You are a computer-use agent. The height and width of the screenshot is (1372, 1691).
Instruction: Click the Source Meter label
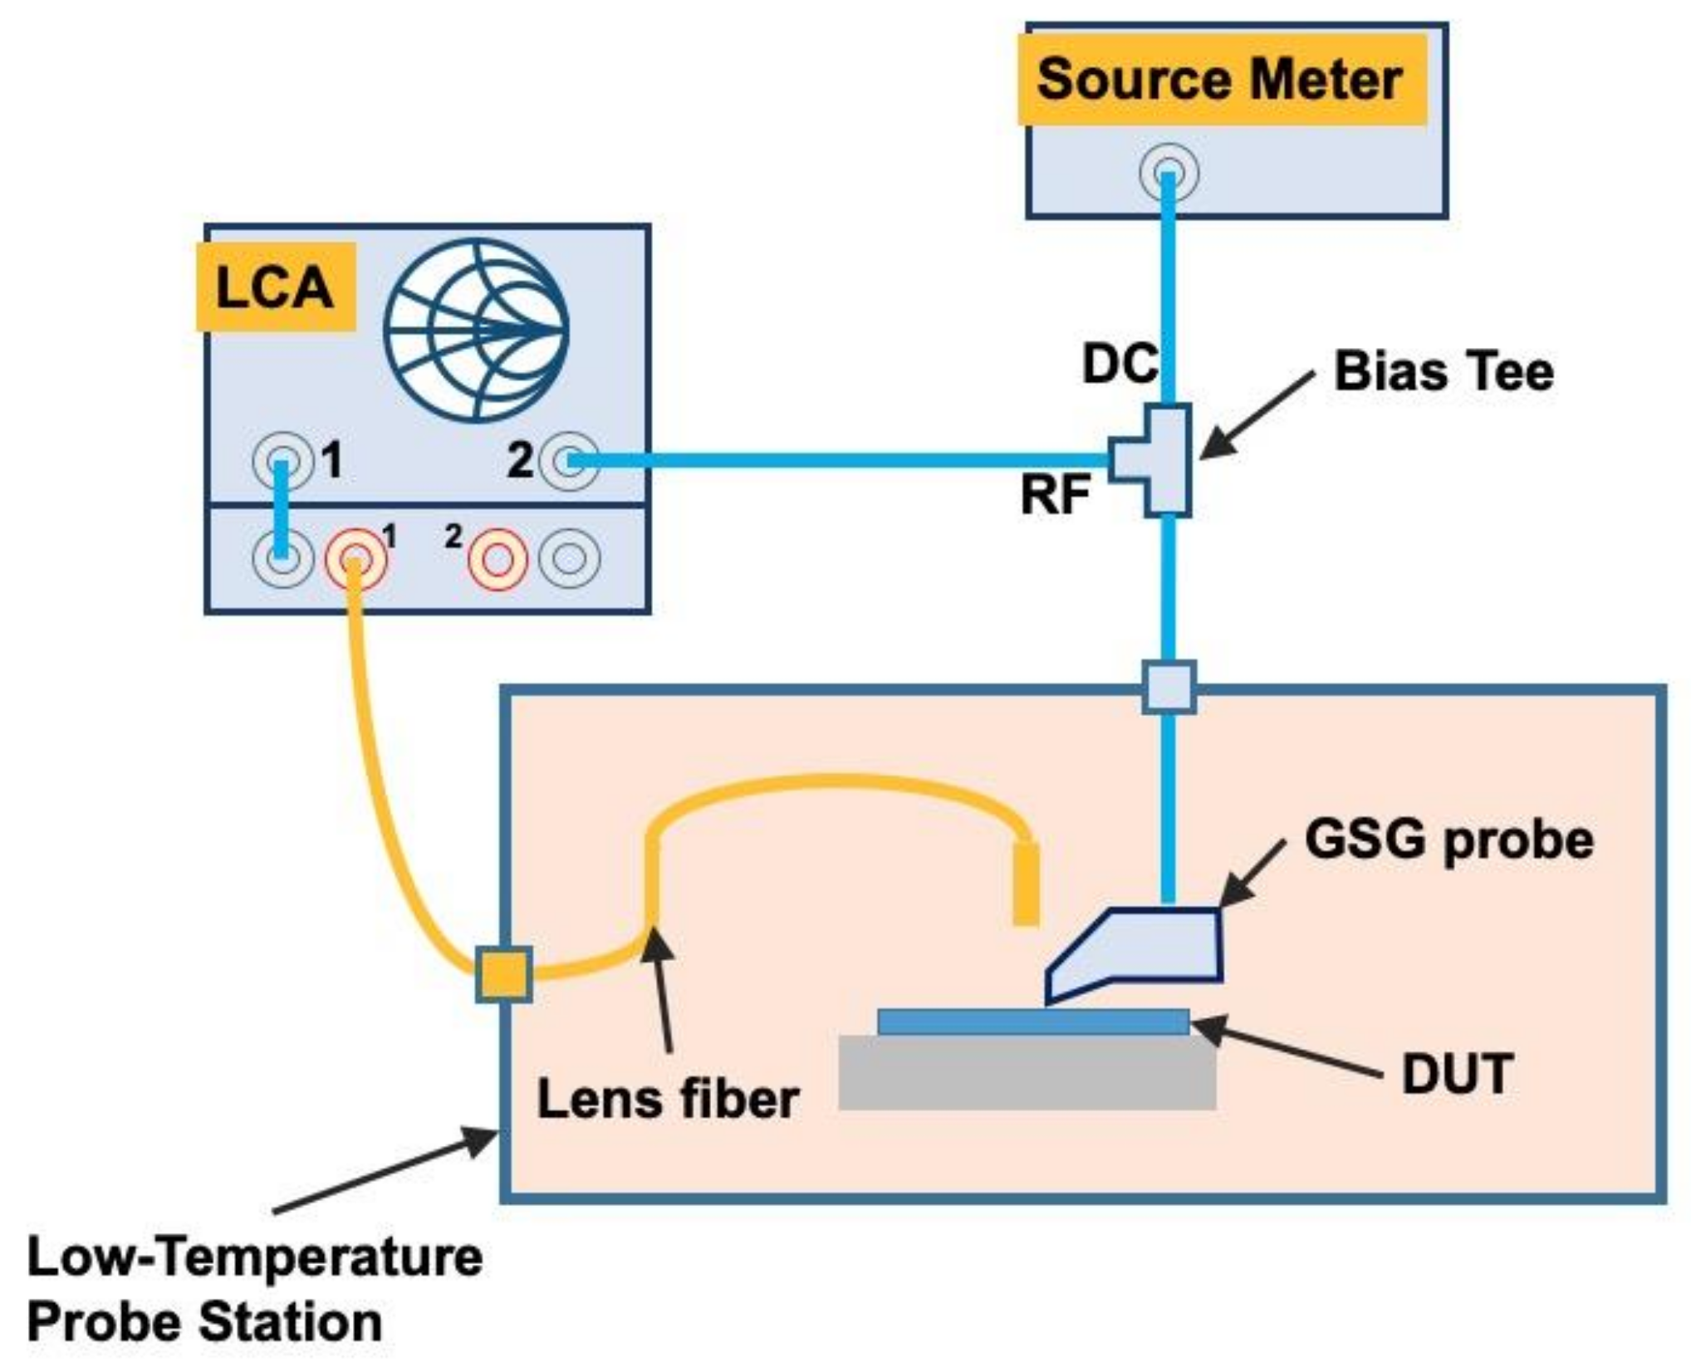pyautogui.click(x=1221, y=81)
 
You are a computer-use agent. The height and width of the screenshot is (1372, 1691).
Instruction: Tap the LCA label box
pyautogui.click(x=276, y=287)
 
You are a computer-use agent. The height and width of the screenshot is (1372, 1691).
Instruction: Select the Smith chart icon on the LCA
pyautogui.click(x=476, y=330)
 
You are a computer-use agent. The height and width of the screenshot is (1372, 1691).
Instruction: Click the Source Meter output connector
pyautogui.click(x=1169, y=173)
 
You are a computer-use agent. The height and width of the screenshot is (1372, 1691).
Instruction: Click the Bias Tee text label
pyautogui.click(x=1443, y=370)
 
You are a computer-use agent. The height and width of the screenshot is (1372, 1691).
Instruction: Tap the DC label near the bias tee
pyautogui.click(x=1120, y=363)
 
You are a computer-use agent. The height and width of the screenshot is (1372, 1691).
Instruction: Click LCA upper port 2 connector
pyautogui.click(x=569, y=461)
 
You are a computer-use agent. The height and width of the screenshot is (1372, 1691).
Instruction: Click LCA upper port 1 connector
pyautogui.click(x=282, y=461)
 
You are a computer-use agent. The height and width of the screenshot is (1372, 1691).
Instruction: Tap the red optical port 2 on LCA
pyautogui.click(x=497, y=559)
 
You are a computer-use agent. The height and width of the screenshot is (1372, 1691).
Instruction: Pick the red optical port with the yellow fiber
pyautogui.click(x=355, y=559)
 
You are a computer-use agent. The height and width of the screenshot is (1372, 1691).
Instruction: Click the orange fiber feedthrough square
pyautogui.click(x=503, y=974)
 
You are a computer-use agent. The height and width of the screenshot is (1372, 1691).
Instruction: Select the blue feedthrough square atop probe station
pyautogui.click(x=1169, y=687)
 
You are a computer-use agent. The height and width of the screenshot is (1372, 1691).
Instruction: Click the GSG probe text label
pyautogui.click(x=1448, y=840)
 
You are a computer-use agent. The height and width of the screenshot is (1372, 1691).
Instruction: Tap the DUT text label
pyautogui.click(x=1457, y=1074)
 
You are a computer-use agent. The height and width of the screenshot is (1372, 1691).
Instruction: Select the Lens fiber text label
pyautogui.click(x=668, y=1099)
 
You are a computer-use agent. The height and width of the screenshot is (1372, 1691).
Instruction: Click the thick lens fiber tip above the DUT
pyautogui.click(x=1027, y=884)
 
